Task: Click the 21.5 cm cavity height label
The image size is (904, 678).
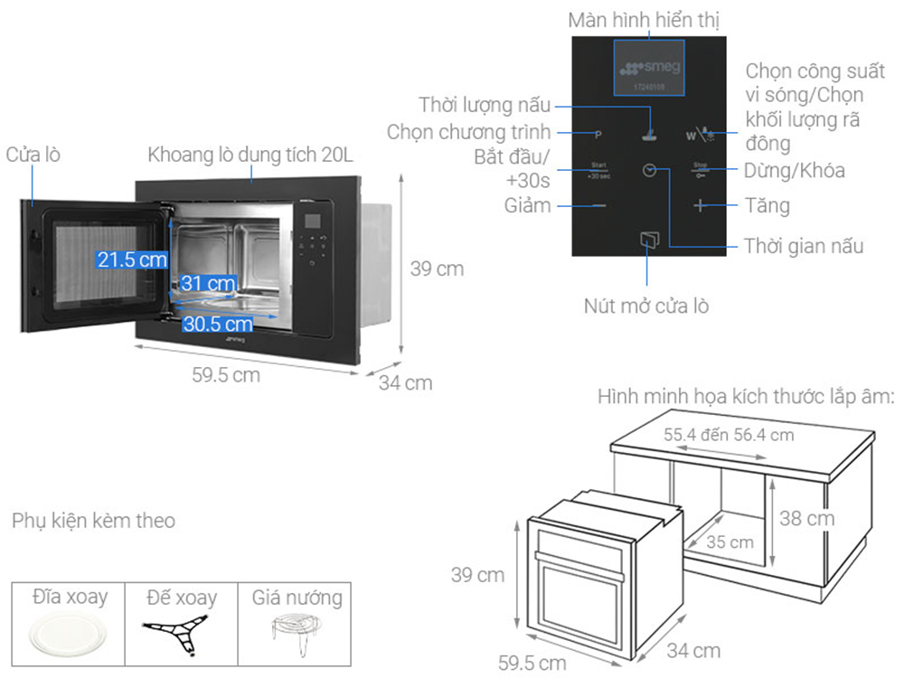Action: (x=133, y=259)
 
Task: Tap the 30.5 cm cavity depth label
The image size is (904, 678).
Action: (x=217, y=323)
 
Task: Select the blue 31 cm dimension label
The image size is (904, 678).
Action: (x=208, y=283)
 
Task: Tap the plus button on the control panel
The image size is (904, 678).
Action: (x=701, y=205)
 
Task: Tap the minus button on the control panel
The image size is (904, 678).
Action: (x=598, y=205)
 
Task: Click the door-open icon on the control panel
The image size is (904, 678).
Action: (x=649, y=240)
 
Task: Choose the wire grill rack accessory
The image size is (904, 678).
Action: (x=293, y=630)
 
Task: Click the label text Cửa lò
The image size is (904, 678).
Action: (x=33, y=155)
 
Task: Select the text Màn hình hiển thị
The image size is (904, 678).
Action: (x=645, y=19)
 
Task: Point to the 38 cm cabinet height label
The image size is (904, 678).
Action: (x=807, y=519)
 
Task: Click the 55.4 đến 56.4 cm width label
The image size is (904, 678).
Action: (x=729, y=435)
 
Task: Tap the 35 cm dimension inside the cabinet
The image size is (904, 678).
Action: (x=730, y=542)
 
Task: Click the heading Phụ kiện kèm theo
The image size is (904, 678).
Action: (x=94, y=521)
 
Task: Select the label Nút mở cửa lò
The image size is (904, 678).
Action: (x=645, y=306)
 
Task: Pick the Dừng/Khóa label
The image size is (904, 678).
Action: (x=795, y=170)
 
